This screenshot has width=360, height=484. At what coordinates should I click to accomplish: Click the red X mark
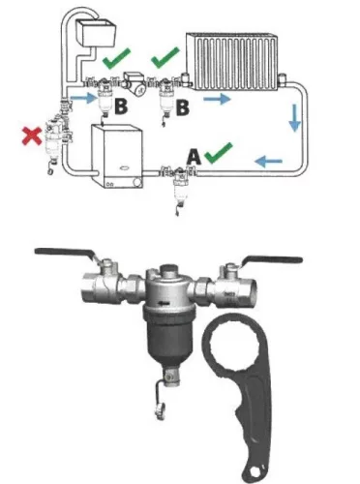(x=32, y=136)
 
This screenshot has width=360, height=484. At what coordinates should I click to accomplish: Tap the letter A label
(x=194, y=158)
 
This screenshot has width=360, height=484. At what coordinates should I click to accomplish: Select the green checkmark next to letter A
(x=219, y=153)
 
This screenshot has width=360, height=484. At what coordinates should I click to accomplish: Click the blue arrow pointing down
(x=294, y=117)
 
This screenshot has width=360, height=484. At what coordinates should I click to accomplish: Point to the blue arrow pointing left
(x=268, y=161)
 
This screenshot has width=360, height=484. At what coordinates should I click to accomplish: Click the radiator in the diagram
(x=231, y=61)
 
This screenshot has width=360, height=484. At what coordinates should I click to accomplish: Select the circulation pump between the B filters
(x=135, y=83)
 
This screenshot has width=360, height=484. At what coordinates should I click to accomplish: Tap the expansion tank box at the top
(x=96, y=33)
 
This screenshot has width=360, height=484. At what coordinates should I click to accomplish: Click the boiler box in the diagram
(x=117, y=156)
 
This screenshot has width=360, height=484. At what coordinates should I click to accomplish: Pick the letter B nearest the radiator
(x=183, y=107)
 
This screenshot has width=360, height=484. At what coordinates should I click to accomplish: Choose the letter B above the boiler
(x=121, y=106)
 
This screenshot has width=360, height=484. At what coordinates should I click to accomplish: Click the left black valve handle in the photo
(x=65, y=253)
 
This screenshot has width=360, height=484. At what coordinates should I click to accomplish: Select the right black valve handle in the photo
(x=274, y=259)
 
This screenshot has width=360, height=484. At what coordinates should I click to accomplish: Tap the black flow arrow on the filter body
(x=164, y=303)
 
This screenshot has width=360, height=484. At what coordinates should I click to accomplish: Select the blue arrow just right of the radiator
(x=217, y=98)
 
